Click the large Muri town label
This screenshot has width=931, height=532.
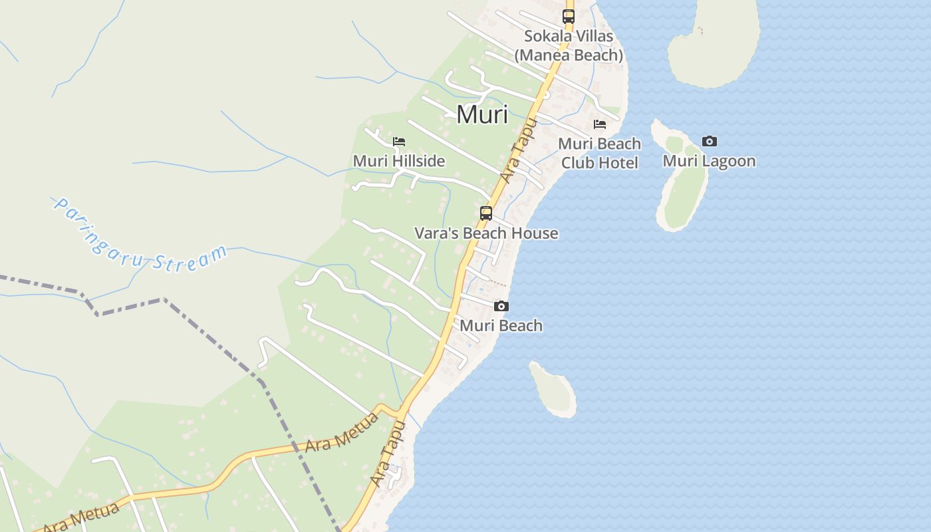click(x=482, y=114)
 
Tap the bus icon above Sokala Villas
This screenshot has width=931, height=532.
click(x=569, y=17)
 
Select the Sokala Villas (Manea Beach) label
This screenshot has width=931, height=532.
click(x=569, y=45)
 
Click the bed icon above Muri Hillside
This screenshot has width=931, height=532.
click(x=399, y=141)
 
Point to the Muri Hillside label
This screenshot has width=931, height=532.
click(x=399, y=161)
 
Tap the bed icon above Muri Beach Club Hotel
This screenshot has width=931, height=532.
click(x=600, y=124)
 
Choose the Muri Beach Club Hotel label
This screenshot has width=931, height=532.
click(x=600, y=153)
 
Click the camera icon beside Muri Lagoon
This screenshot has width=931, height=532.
click(x=710, y=141)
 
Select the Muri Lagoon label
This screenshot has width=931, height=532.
click(x=710, y=161)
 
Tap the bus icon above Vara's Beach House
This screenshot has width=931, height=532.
click(x=486, y=213)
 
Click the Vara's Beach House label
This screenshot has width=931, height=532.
click(x=486, y=233)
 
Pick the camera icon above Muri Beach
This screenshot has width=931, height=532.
click(x=501, y=306)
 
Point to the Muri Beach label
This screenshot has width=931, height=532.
click(x=501, y=326)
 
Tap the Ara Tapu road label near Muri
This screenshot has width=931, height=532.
click(x=519, y=150)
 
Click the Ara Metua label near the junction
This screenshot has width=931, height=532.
click(x=342, y=432)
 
